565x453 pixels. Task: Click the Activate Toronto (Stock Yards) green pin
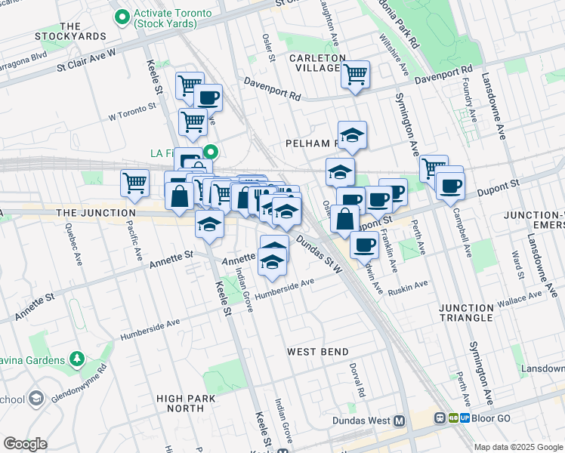121,16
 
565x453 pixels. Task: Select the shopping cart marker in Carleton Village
354,75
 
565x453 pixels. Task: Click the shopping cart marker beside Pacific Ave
134,183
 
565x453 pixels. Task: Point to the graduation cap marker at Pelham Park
352,135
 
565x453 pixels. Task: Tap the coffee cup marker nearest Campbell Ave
450,186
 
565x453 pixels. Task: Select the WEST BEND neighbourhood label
318,352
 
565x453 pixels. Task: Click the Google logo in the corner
25,444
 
